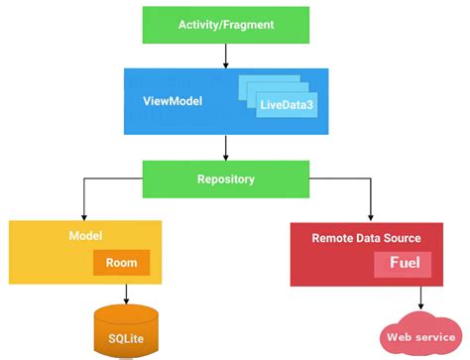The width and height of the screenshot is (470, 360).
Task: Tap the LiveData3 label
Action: tap(287, 103)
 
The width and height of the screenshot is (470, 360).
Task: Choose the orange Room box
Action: tap(121, 263)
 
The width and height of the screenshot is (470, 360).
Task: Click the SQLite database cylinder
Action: tap(126, 330)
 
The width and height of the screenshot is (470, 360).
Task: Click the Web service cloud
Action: tap(419, 336)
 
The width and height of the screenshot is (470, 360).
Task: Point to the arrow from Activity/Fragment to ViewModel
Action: tap(226, 56)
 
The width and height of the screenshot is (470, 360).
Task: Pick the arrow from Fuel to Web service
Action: tap(421, 298)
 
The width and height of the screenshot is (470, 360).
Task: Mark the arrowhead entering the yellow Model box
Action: tap(81, 216)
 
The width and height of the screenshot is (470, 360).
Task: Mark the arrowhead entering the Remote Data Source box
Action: tap(371, 216)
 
